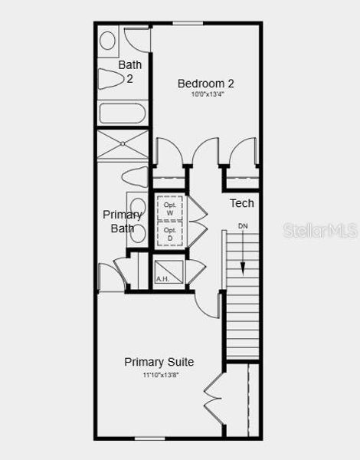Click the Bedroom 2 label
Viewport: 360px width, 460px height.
[x=206, y=83]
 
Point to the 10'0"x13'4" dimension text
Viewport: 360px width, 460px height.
[x=206, y=95]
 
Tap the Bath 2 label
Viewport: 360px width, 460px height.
[x=129, y=71]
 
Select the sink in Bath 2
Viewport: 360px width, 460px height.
[x=108, y=40]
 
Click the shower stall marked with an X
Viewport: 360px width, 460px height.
[x=123, y=145]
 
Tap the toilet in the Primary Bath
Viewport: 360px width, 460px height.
[x=136, y=177]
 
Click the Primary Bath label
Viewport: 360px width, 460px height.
[x=123, y=221]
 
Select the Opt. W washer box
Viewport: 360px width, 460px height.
[x=170, y=208]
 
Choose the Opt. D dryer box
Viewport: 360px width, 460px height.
[x=170, y=233]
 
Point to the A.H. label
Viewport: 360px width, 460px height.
[x=162, y=279]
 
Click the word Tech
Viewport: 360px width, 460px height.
[x=242, y=203]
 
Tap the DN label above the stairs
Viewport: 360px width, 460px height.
[x=243, y=226]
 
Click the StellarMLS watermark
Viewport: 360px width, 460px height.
[x=319, y=230]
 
